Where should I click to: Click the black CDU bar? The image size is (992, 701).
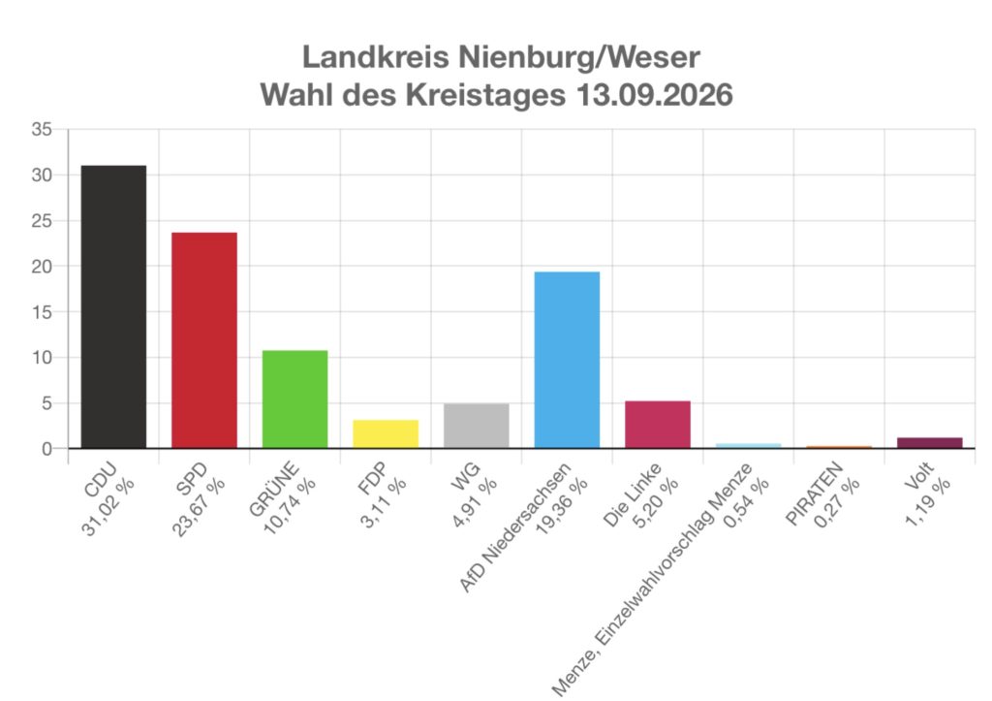pyautogui.click(x=114, y=307)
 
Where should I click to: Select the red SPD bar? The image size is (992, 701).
pyautogui.click(x=204, y=340)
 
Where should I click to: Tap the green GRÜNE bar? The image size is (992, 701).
pyautogui.click(x=294, y=399)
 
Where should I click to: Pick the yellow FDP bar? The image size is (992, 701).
pyautogui.click(x=386, y=434)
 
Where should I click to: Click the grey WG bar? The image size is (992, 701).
pyautogui.click(x=477, y=427)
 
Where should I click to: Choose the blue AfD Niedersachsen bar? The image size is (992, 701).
pyautogui.click(x=567, y=361)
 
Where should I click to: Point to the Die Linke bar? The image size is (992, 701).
pyautogui.click(x=658, y=425)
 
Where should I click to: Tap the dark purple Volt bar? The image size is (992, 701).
pyautogui.click(x=929, y=443)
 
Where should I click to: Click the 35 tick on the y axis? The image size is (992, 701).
pyautogui.click(x=42, y=130)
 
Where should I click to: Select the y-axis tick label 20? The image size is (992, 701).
pyautogui.click(x=42, y=267)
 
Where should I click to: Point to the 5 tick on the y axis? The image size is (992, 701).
pyautogui.click(x=46, y=403)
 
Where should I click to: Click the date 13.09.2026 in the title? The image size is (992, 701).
pyautogui.click(x=654, y=95)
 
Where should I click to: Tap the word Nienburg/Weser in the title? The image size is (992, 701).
pyautogui.click(x=579, y=57)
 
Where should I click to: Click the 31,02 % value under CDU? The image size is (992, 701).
pyautogui.click(x=108, y=506)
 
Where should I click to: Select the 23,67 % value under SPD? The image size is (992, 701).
pyautogui.click(x=198, y=506)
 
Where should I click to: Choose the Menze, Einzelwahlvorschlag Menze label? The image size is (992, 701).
pyautogui.click(x=652, y=580)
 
